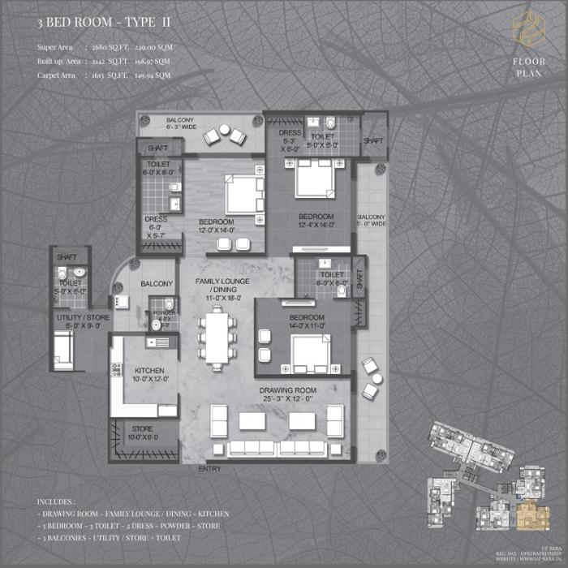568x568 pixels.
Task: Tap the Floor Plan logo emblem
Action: tap(528, 29)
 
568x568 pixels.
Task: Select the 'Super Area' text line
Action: tap(104, 47)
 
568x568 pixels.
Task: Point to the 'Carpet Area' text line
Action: tap(104, 75)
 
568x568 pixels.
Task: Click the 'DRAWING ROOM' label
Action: tap(288, 394)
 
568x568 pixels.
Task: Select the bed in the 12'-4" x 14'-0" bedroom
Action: tap(315, 179)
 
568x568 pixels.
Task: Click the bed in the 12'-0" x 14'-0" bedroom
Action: tap(245, 195)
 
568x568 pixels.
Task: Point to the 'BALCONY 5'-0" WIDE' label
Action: tap(372, 222)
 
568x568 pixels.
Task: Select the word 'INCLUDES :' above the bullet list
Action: tap(56, 501)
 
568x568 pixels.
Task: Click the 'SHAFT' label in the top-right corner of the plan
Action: tap(374, 140)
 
